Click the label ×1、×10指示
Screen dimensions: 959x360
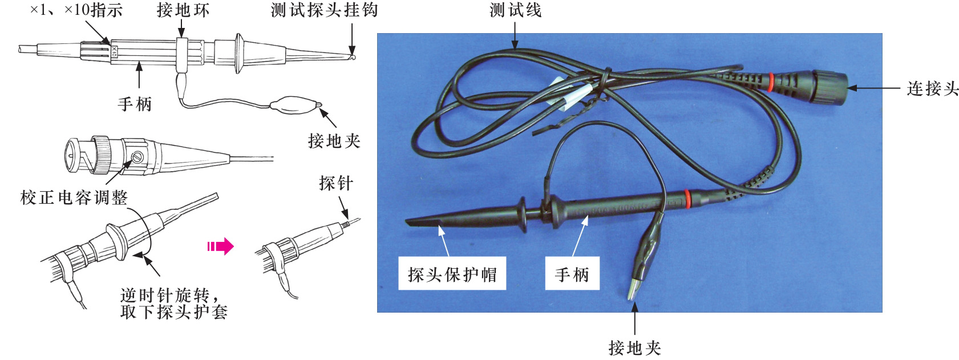(x=76, y=10)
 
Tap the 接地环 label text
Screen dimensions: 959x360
(x=183, y=10)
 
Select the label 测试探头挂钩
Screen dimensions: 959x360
(x=324, y=10)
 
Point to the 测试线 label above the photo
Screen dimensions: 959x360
(x=516, y=10)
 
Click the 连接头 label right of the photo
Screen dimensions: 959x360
(x=932, y=88)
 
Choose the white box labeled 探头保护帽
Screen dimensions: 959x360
(x=452, y=274)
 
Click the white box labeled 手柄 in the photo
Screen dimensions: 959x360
(x=572, y=274)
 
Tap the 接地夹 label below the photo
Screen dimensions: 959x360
(x=635, y=347)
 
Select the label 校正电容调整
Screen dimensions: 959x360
(x=74, y=197)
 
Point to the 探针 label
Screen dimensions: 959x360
(x=336, y=183)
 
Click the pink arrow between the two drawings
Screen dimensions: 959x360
(x=220, y=246)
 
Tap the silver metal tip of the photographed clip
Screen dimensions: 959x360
(x=634, y=289)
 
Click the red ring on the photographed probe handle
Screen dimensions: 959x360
(x=687, y=200)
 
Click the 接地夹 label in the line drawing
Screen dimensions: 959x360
(x=334, y=140)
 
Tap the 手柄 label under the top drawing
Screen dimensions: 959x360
(x=135, y=104)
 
